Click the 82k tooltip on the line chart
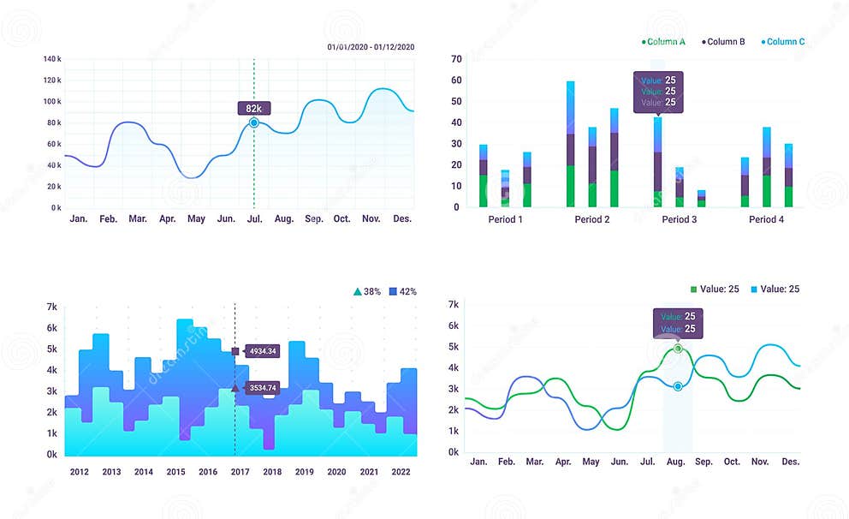click(x=253, y=109)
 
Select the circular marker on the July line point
click(x=253, y=123)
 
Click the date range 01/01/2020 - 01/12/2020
click(x=371, y=46)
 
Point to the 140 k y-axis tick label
click(x=52, y=59)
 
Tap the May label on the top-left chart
click(x=196, y=219)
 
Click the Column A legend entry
click(x=663, y=42)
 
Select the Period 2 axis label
click(x=592, y=220)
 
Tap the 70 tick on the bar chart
click(x=456, y=59)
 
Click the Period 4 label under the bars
click(x=766, y=220)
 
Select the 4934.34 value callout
click(x=261, y=351)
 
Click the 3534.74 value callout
click(x=261, y=388)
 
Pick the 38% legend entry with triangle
click(x=367, y=292)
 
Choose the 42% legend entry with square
click(x=402, y=292)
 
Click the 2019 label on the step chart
click(x=304, y=472)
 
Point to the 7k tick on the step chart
click(x=51, y=307)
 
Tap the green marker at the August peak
click(x=678, y=349)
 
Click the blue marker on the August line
click(x=678, y=386)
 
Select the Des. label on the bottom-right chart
click(x=790, y=462)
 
